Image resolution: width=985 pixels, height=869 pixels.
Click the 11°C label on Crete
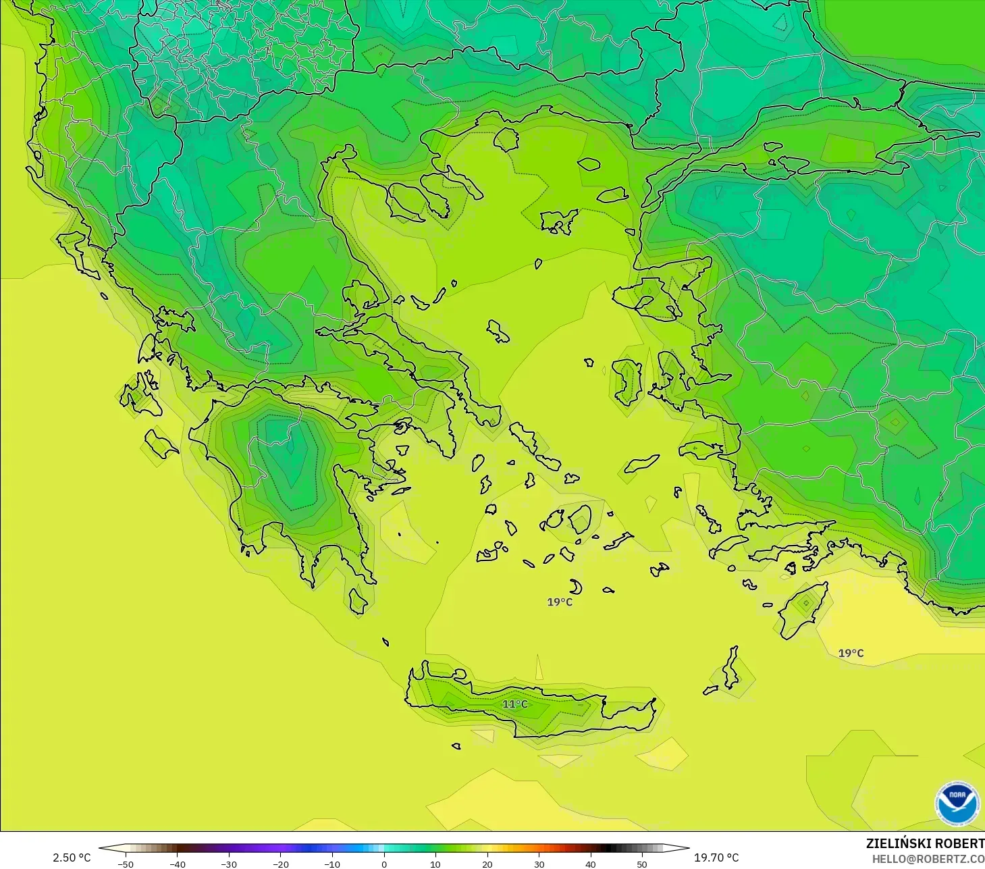(514, 704)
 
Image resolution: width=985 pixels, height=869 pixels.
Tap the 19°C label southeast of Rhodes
(851, 653)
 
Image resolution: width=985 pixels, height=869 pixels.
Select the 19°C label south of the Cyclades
(560, 602)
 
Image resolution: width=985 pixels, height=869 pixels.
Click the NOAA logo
(957, 804)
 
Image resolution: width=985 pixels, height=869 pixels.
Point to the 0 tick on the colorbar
(384, 864)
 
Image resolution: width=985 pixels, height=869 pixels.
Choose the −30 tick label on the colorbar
(228, 864)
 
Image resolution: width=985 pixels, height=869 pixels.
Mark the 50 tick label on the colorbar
(642, 864)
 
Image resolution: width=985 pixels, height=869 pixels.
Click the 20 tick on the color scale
(487, 864)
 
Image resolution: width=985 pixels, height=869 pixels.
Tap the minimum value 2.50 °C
(72, 858)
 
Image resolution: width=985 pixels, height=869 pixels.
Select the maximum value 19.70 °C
(716, 858)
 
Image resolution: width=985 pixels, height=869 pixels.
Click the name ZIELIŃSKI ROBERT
(925, 843)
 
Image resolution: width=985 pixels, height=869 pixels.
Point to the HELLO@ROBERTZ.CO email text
(928, 859)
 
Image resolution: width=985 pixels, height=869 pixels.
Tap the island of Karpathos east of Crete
(730, 668)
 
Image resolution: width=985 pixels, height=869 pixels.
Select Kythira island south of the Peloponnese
(358, 601)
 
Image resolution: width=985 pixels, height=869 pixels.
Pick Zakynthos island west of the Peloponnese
(161, 444)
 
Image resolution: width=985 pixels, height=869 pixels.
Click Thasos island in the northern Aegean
(506, 139)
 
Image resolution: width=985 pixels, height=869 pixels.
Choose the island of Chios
(627, 381)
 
